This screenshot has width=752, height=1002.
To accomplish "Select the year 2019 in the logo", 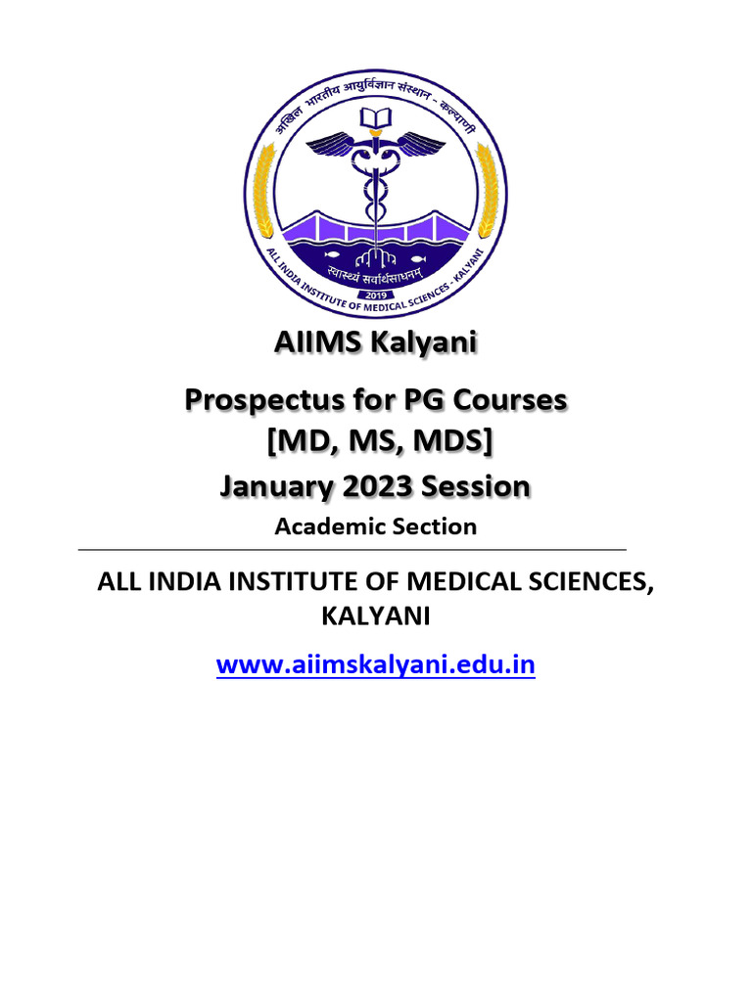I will [375, 295].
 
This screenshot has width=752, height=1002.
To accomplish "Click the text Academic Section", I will [376, 526].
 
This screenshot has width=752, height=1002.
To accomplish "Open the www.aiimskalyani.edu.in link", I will [376, 665].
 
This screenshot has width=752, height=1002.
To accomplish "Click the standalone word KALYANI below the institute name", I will [375, 616].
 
